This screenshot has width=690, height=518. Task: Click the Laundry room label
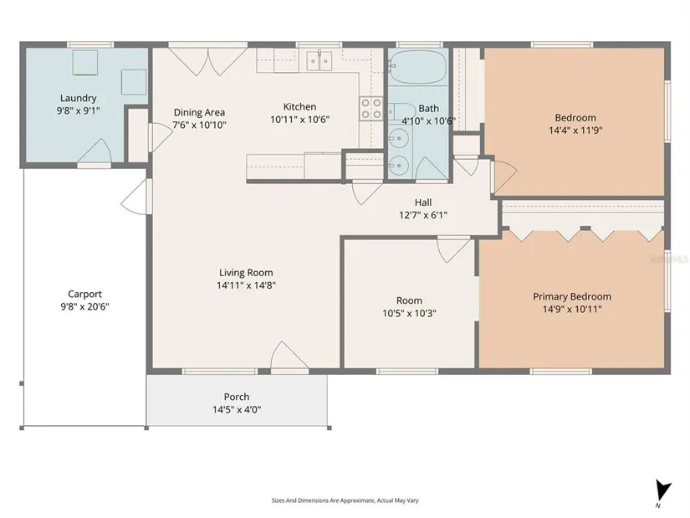pos(79,98)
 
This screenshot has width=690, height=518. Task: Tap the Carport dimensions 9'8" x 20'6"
pos(85,306)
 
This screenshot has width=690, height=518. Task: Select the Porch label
pos(237,397)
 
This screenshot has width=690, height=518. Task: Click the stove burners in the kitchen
pos(371,108)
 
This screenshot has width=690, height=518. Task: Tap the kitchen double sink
pos(319,61)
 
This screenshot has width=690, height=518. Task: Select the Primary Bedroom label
pos(572,296)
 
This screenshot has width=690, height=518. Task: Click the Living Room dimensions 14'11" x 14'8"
pos(247,285)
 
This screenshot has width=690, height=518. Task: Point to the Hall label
pos(423,203)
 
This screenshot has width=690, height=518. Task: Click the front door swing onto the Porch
pos(289,355)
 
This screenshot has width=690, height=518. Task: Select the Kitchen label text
pos(299,106)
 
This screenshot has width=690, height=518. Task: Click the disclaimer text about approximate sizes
pos(345,500)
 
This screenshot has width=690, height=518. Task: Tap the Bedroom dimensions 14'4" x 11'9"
pos(575,131)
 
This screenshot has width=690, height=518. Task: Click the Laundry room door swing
pos(95,151)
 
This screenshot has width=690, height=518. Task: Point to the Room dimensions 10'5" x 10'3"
pos(409,314)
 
